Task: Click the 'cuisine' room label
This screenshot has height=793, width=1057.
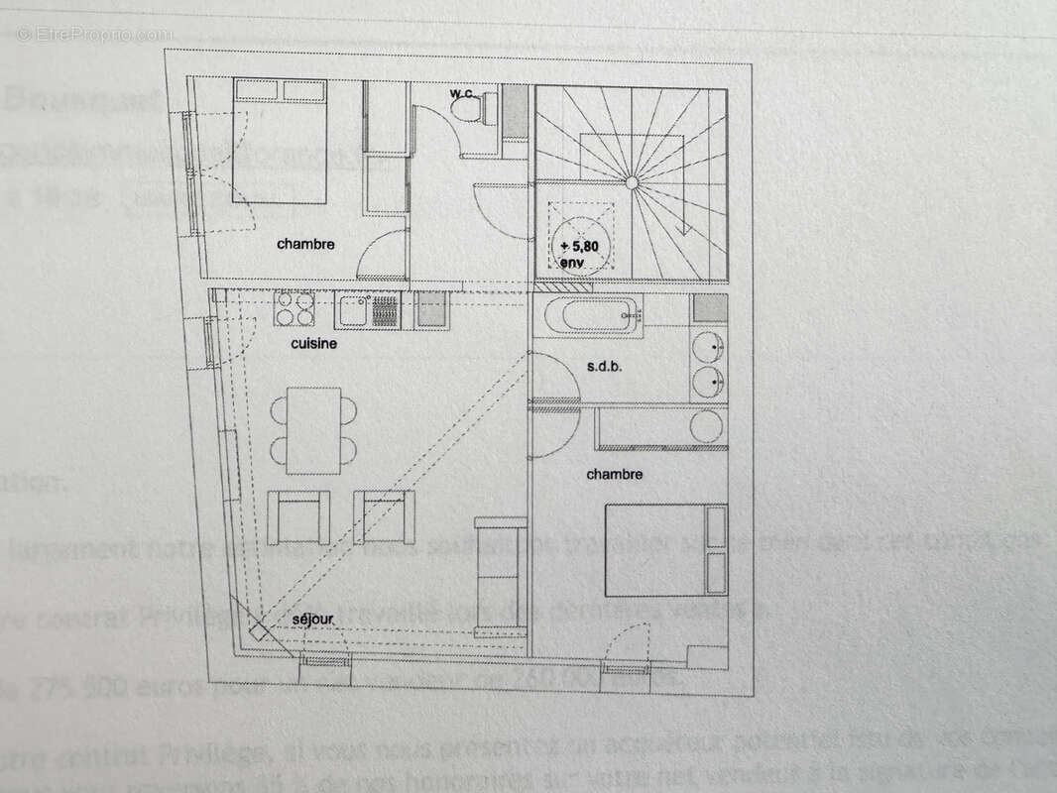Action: (x=313, y=344)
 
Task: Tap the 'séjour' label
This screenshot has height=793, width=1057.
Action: (x=312, y=620)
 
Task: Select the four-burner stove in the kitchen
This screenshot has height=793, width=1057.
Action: (x=294, y=309)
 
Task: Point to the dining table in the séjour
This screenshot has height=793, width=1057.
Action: (x=313, y=430)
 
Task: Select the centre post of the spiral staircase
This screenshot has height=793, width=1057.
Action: (x=631, y=181)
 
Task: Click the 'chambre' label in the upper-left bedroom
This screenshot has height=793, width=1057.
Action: (x=305, y=244)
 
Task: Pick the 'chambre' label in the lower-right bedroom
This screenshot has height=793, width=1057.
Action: (x=614, y=475)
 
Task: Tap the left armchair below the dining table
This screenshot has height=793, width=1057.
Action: (x=297, y=514)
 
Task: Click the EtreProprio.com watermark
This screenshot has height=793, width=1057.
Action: (x=95, y=33)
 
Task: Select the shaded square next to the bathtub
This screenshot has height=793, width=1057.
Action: (x=710, y=307)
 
